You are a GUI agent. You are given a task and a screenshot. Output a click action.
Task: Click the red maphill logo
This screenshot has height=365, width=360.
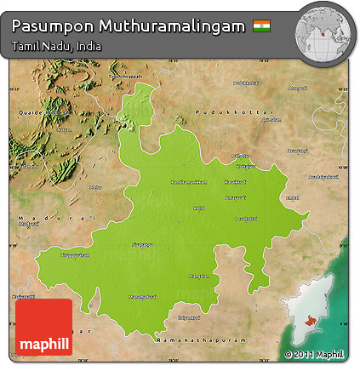(43, 327)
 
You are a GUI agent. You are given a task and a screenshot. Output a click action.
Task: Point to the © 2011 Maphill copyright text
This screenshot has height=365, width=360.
(314, 354)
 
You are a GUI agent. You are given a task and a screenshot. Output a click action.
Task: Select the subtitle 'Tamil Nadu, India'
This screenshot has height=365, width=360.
(56, 46)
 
